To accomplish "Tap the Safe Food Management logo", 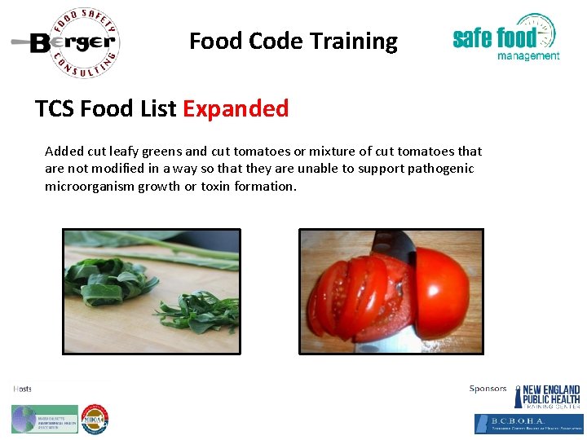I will tap(505, 38).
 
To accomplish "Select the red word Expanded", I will tap(236, 108).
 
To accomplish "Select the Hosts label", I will tap(23, 389).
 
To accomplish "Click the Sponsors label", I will tap(488, 389).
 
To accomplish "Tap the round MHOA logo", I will tap(95, 419).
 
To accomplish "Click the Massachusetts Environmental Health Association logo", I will tap(45, 419).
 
